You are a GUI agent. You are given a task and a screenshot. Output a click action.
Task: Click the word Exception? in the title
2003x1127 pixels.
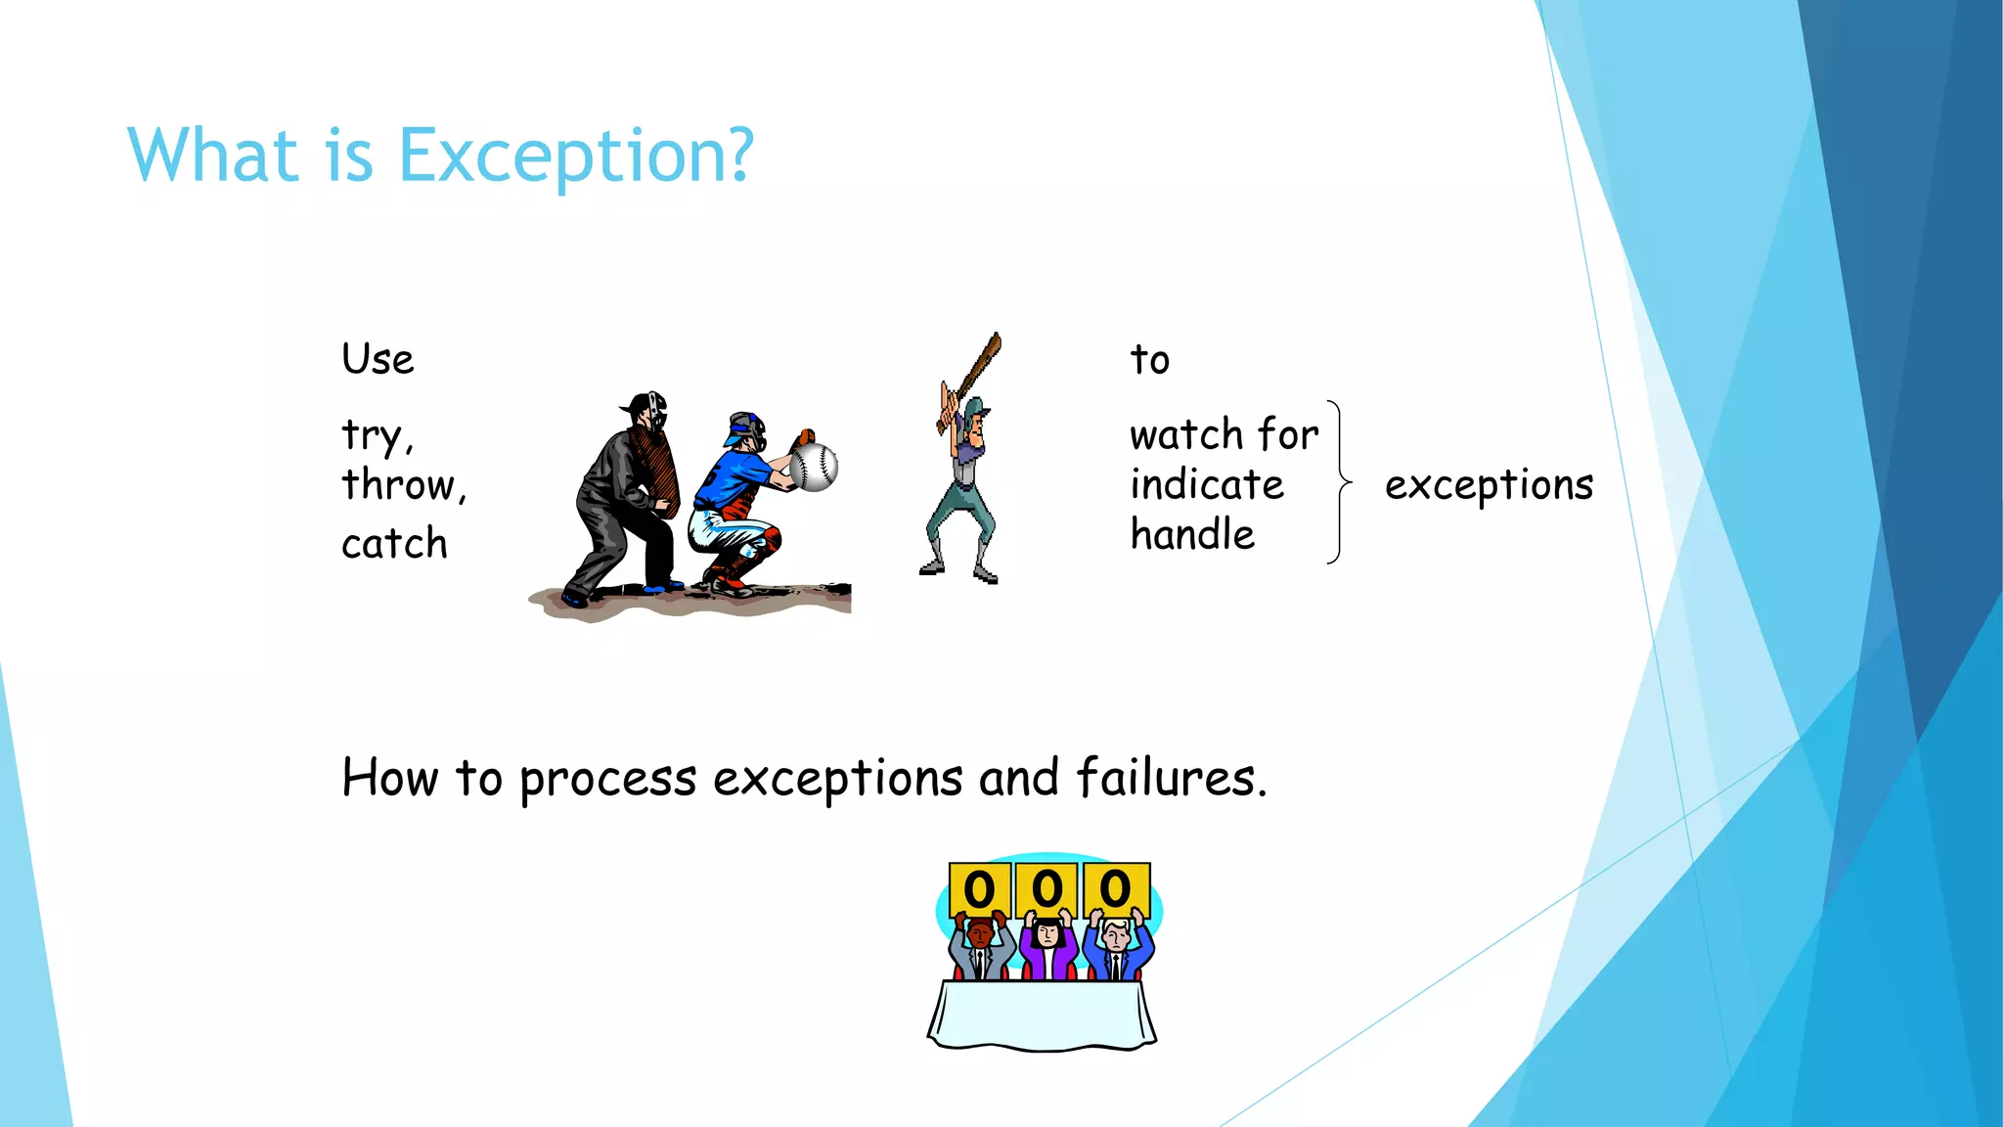[577, 157]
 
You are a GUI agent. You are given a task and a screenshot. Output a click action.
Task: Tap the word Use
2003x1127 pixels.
[378, 360]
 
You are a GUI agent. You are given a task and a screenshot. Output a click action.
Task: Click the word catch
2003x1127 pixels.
[394, 544]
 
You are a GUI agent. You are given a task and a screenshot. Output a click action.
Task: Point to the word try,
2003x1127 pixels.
[378, 435]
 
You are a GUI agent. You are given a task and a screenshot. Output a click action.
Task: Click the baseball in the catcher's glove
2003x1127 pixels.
[814, 468]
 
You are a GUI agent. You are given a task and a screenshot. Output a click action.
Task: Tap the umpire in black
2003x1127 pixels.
[626, 499]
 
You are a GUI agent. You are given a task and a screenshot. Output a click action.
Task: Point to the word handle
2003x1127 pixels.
[1192, 535]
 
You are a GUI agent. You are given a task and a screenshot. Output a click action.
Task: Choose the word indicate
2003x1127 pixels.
[1207, 485]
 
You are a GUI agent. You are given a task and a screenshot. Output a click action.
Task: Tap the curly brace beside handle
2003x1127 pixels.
[1339, 482]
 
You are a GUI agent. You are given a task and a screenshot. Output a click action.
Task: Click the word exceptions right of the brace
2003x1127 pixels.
[1489, 485]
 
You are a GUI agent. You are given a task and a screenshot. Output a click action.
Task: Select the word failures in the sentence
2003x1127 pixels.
[1170, 780]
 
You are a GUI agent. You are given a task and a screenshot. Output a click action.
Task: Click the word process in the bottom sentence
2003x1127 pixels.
[607, 780]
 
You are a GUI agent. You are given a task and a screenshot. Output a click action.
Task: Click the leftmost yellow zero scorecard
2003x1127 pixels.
[980, 888]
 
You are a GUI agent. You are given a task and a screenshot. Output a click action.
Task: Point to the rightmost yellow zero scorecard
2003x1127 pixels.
[1116, 888]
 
